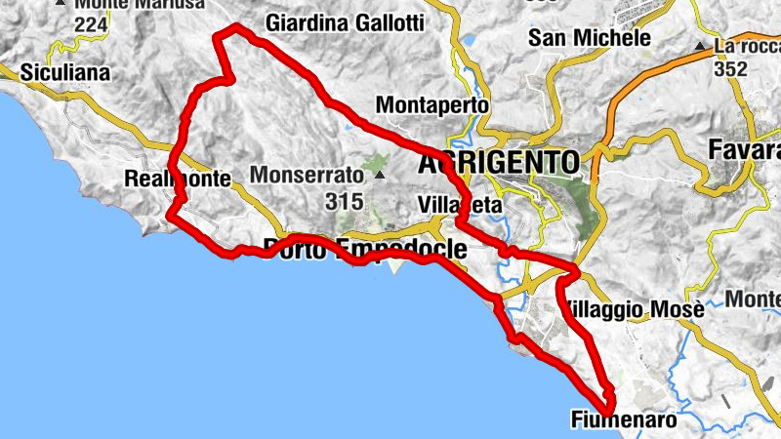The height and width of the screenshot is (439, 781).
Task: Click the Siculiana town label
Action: tap(65, 73)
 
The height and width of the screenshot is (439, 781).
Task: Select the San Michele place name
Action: tap(589, 38)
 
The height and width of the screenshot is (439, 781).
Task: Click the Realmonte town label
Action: tap(177, 179)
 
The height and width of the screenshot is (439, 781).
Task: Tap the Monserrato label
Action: tap(306, 176)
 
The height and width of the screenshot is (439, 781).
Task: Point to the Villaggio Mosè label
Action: tap(635, 309)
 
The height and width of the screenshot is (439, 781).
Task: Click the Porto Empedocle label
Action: tap(365, 248)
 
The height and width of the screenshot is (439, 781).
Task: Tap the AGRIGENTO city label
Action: tap(499, 162)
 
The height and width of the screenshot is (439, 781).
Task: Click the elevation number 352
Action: tap(730, 69)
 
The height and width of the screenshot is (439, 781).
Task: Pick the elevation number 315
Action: tap(346, 202)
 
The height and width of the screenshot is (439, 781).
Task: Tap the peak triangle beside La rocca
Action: tap(699, 46)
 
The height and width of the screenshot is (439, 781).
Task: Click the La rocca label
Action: tap(744, 46)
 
